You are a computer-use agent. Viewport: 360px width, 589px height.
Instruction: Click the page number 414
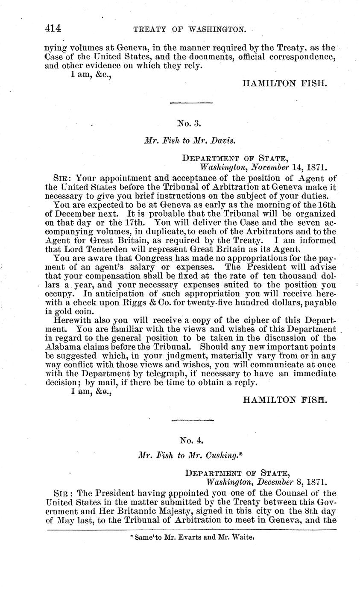[53, 29]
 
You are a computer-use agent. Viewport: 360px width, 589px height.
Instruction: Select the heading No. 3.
[189, 123]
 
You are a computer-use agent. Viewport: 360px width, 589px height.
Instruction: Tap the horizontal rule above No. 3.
[191, 103]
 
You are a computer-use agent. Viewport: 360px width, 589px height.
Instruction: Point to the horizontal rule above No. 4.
[192, 420]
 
